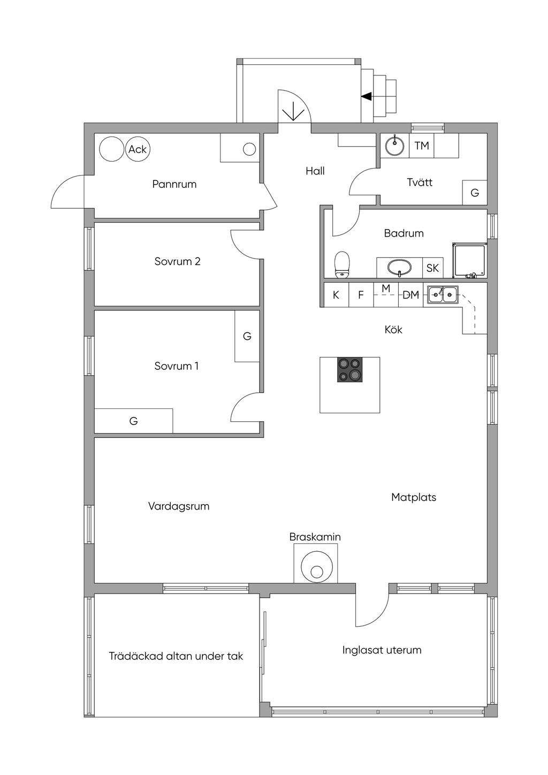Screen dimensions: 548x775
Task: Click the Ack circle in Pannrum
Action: click(x=138, y=149)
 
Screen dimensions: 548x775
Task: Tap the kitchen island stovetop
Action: click(x=350, y=369)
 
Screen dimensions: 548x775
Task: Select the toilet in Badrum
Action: click(x=342, y=265)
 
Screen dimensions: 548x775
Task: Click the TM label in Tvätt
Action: click(x=422, y=146)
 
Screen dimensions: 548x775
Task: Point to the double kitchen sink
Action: click(x=443, y=295)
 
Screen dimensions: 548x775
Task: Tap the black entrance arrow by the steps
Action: click(x=367, y=96)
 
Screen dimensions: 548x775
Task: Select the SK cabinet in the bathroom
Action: click(x=433, y=268)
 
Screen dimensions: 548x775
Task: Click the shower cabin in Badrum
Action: click(x=470, y=260)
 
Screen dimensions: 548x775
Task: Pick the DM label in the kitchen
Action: click(x=410, y=295)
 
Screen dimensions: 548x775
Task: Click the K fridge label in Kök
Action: click(x=336, y=295)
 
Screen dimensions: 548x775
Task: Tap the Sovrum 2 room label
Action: click(x=178, y=261)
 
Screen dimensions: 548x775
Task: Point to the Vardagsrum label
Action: click(x=179, y=506)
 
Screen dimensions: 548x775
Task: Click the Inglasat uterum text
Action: click(x=382, y=650)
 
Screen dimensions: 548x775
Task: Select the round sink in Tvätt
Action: click(x=394, y=146)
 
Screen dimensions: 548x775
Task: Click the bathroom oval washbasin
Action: click(x=400, y=268)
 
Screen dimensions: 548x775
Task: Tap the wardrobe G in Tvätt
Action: click(x=475, y=192)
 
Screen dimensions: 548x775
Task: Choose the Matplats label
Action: click(x=414, y=497)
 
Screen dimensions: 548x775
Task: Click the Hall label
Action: click(x=315, y=171)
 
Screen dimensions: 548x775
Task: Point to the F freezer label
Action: click(x=361, y=295)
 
